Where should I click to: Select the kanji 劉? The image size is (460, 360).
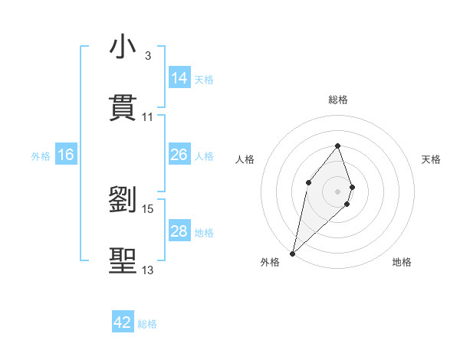tap(123, 200)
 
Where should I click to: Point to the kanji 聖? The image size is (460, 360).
tap(123, 260)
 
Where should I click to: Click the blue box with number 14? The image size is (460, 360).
tap(179, 78)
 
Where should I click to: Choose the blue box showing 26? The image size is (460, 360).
tap(179, 155)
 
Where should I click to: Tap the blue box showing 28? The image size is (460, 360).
tap(179, 231)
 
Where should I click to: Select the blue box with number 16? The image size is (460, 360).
tap(66, 155)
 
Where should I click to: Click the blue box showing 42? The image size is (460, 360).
tap(123, 322)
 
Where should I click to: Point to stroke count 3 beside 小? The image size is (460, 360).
tap(148, 56)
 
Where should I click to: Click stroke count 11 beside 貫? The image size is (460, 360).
tap(148, 117)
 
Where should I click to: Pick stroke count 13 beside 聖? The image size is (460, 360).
tap(148, 270)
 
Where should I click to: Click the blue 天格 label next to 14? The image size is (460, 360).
tap(204, 79)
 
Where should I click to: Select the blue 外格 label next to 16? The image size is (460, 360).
tap(41, 155)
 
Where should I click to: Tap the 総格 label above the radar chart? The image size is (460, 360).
tap(338, 100)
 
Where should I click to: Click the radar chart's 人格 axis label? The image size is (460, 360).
tap(245, 159)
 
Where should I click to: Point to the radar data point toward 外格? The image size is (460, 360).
tap(292, 253)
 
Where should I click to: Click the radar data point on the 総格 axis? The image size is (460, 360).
tap(338, 146)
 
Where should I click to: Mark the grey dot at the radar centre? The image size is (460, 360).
tap(338, 191)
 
